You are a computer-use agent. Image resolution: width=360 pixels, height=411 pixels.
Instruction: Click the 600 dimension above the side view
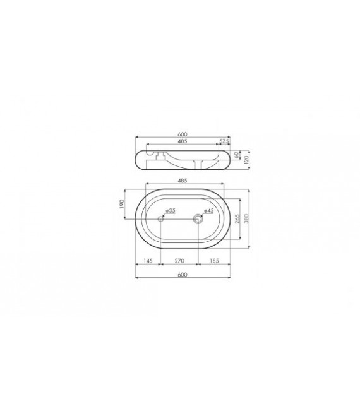pos(183,134)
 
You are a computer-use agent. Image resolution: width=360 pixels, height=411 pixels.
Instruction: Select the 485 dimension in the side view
pos(182,141)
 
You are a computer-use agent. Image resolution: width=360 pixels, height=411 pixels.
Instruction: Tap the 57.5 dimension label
pos(224,141)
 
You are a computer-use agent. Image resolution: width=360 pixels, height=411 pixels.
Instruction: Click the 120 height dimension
pos(246,160)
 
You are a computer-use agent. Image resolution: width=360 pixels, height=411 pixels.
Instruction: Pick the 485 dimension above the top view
pos(182,181)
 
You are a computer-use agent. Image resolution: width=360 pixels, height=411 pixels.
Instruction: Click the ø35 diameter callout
pos(171,210)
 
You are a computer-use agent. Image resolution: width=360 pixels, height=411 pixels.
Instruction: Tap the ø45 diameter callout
pos(210,211)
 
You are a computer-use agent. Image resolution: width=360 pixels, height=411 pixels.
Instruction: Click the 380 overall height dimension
pos(248,218)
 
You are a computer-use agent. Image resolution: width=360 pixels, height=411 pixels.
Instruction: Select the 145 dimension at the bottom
pos(148,260)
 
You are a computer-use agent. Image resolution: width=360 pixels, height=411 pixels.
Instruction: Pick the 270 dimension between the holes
pos(179,260)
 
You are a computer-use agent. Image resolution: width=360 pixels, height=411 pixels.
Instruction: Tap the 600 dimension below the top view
pos(183,275)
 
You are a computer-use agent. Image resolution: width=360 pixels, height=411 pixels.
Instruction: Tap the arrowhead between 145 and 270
pos(160,264)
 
